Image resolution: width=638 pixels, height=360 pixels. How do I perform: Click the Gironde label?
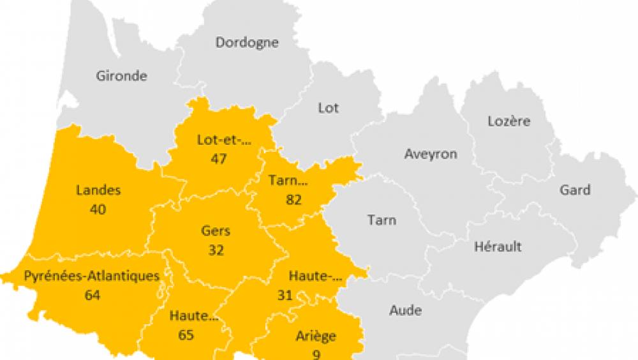121,76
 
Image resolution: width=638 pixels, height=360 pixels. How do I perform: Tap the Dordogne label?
246,43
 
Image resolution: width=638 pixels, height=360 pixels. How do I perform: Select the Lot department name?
328,108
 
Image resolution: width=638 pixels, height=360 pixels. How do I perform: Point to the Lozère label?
508,121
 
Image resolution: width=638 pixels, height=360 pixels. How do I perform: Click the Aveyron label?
431,154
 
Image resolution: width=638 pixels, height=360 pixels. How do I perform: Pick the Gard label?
575,190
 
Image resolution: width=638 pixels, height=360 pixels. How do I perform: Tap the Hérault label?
498,246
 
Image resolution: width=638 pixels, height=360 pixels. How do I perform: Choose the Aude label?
405,311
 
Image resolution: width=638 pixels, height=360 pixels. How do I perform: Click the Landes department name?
98,190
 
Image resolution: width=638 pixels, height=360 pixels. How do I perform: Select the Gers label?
216,231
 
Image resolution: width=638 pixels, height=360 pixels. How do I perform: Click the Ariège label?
316,336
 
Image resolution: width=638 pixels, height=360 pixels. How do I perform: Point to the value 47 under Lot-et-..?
219,158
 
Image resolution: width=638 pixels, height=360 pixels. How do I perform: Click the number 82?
293,199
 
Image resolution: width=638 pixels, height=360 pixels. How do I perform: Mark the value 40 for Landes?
98,209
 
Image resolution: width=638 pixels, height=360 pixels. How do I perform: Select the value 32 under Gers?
216,250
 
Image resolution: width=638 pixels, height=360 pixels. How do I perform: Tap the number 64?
93,295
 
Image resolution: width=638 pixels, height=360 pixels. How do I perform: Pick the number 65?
186,334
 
